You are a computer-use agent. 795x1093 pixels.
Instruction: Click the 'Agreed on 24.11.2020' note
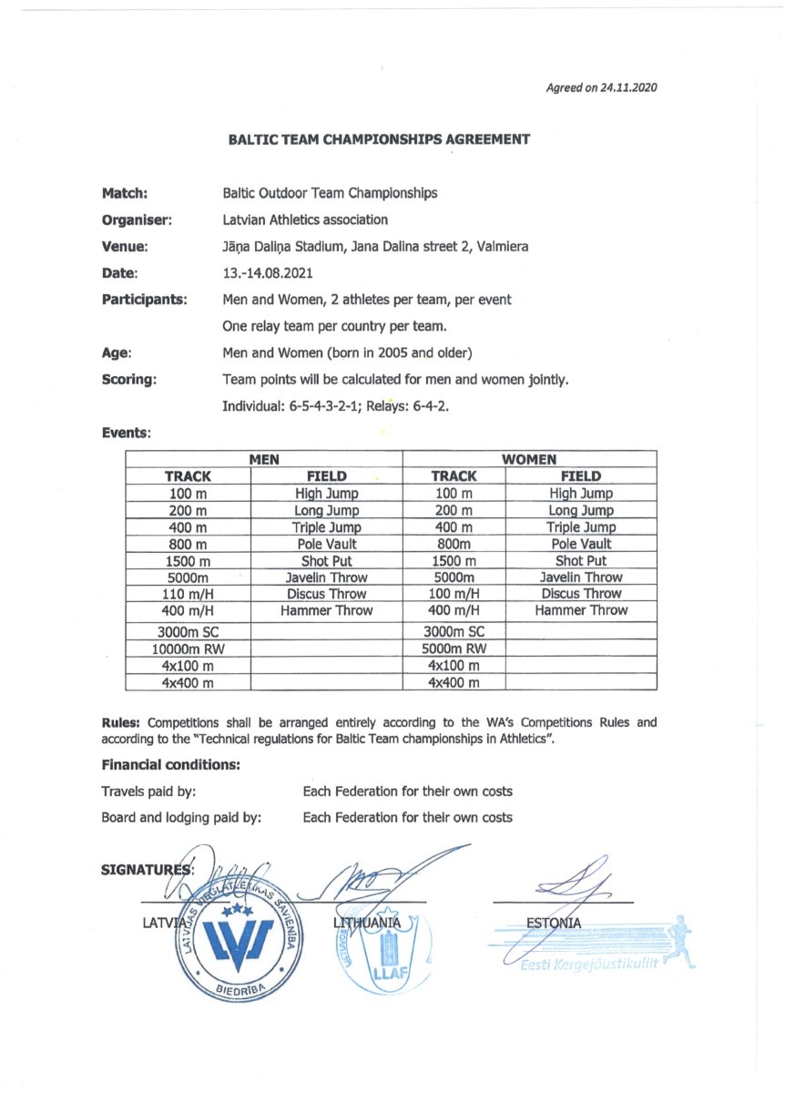(x=601, y=88)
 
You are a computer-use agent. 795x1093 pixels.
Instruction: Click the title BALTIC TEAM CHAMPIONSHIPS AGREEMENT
(x=379, y=139)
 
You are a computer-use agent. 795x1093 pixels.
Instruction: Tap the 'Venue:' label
(x=126, y=246)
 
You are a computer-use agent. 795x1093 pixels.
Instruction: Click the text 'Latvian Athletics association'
(x=305, y=220)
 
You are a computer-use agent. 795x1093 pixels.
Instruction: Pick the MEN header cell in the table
(x=264, y=459)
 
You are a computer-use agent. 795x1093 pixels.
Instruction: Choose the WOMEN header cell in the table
(x=530, y=459)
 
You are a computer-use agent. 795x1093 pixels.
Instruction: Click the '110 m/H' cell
(x=188, y=594)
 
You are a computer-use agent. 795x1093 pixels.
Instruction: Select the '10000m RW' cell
(x=188, y=649)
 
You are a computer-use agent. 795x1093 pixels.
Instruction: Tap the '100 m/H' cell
(x=454, y=594)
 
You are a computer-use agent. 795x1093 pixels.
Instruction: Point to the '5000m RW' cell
(x=454, y=649)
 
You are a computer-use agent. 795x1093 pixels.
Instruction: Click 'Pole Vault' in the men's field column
(x=326, y=544)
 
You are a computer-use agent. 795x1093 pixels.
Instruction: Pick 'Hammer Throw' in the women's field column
(x=581, y=610)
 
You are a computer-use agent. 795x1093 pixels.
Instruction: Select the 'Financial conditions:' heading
(x=170, y=765)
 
